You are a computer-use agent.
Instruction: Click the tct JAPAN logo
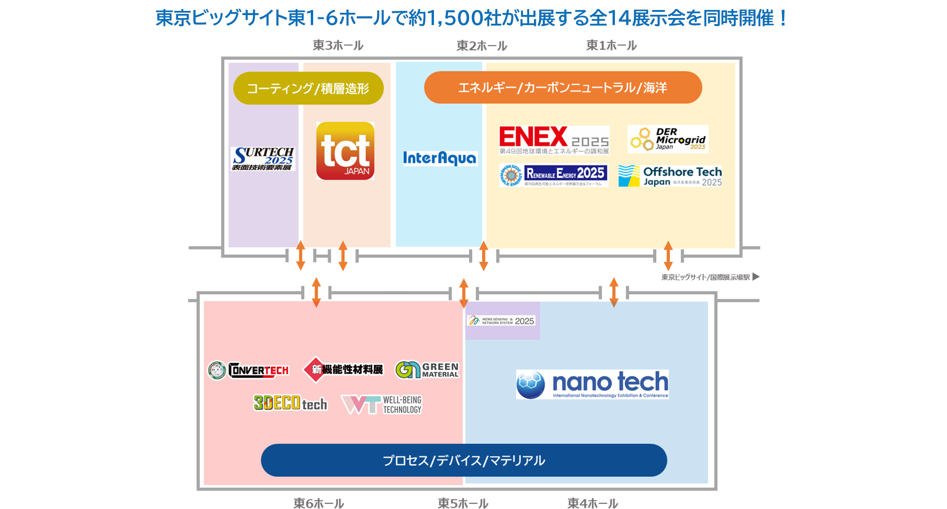click(345, 151)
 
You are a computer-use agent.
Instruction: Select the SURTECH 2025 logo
click(263, 159)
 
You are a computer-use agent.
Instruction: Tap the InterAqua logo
click(439, 158)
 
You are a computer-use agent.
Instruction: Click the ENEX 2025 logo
click(554, 140)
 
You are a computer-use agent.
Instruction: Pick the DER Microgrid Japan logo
click(667, 139)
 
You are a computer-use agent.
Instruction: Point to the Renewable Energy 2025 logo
click(554, 175)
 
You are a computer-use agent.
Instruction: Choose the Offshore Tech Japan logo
click(670, 176)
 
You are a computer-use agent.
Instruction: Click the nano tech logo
click(592, 384)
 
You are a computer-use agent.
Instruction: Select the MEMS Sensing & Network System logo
click(501, 321)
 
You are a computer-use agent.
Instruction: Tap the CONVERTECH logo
click(248, 370)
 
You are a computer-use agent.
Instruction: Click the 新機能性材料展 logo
click(343, 369)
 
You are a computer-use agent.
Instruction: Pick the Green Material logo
click(427, 370)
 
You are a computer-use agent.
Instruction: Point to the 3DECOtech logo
click(290, 403)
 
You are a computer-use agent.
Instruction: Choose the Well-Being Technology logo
click(381, 405)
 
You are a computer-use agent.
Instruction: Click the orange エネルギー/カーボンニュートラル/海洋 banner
click(563, 88)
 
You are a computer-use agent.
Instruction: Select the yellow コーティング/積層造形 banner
click(308, 89)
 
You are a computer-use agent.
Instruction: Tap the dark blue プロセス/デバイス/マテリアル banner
click(464, 460)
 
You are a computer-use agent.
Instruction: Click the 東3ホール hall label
click(338, 45)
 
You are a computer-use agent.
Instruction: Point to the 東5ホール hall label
click(463, 503)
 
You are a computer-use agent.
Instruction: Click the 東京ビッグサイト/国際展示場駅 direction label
click(705, 277)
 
